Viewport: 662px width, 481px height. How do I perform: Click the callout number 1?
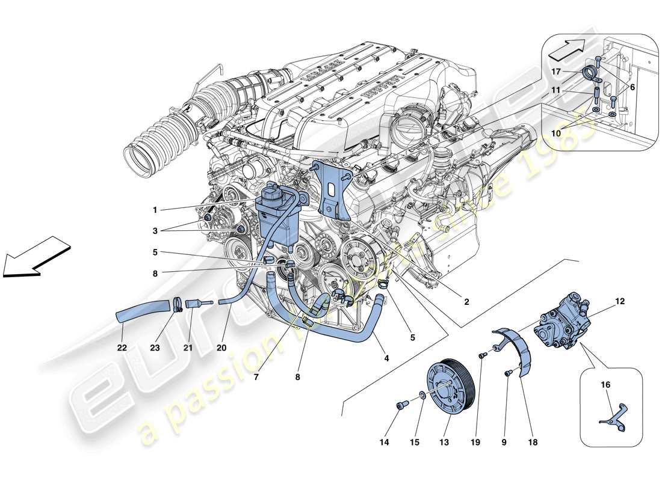tap(155, 210)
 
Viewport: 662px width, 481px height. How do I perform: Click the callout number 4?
tap(386, 358)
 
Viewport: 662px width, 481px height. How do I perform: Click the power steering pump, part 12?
tap(562, 319)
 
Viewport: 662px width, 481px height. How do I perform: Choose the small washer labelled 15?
tap(422, 396)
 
